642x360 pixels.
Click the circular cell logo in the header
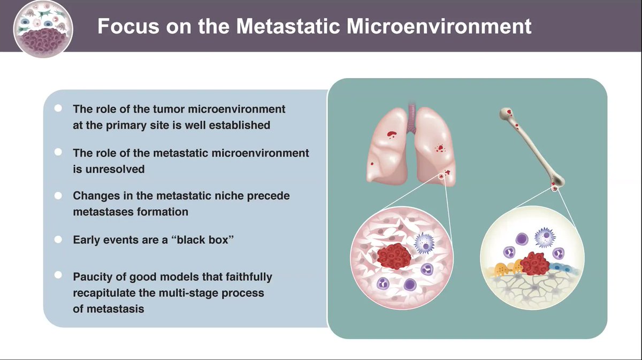[x=43, y=28]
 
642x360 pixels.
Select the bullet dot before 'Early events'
[x=58, y=240]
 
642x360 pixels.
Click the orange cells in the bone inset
[x=503, y=268]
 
